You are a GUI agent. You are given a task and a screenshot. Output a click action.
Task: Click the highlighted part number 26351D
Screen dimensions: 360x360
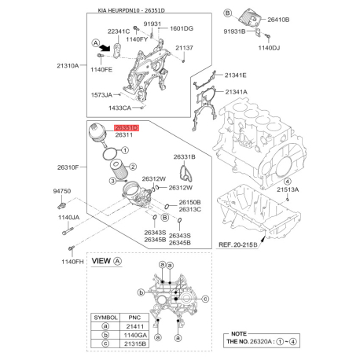pos(127,128)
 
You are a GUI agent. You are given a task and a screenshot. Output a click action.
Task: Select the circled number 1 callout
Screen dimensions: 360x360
pos(125,150)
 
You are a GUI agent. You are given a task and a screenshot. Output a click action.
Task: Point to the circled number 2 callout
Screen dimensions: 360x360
pos(133,167)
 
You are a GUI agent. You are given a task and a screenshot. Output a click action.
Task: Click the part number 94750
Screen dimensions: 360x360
pos(62,191)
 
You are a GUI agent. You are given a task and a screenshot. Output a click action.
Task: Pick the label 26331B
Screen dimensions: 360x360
pos(184,157)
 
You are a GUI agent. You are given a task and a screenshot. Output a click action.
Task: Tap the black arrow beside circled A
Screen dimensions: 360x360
pos(105,47)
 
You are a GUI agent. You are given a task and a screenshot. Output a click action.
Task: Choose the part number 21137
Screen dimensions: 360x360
pos(184,48)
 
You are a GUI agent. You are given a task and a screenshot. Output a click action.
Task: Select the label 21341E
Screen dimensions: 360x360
pos(235,75)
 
